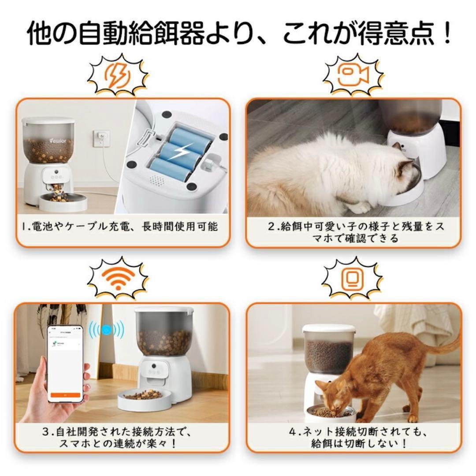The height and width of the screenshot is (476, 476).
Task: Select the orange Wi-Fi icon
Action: [x=118, y=279]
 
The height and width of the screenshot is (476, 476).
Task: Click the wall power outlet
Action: [x=101, y=138]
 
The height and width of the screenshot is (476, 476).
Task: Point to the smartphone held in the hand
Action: [x=65, y=363]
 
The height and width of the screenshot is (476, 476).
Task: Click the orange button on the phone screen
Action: [x=65, y=395]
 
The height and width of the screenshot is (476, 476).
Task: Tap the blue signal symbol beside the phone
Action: [x=106, y=330]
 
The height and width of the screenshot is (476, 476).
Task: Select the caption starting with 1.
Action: [x=123, y=227]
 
